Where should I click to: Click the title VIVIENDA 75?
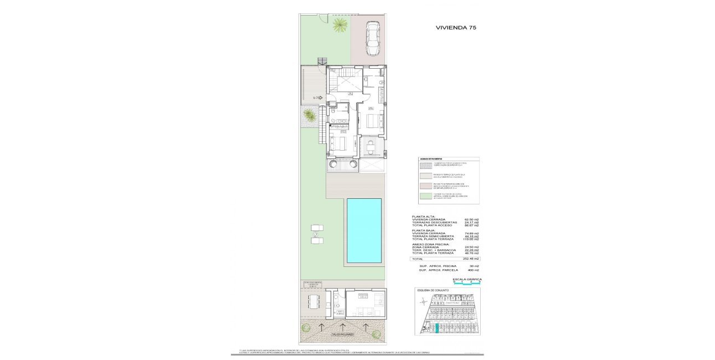pos(456,27)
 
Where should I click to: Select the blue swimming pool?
pos(363,230)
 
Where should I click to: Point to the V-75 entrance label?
pos(317,97)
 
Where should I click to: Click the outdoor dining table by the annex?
pos(314,302)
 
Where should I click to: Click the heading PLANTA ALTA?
pos(424,216)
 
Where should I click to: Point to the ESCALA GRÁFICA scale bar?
pos(467,282)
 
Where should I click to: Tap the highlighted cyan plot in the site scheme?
pos(436,329)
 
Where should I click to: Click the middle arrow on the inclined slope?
pos(343,326)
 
